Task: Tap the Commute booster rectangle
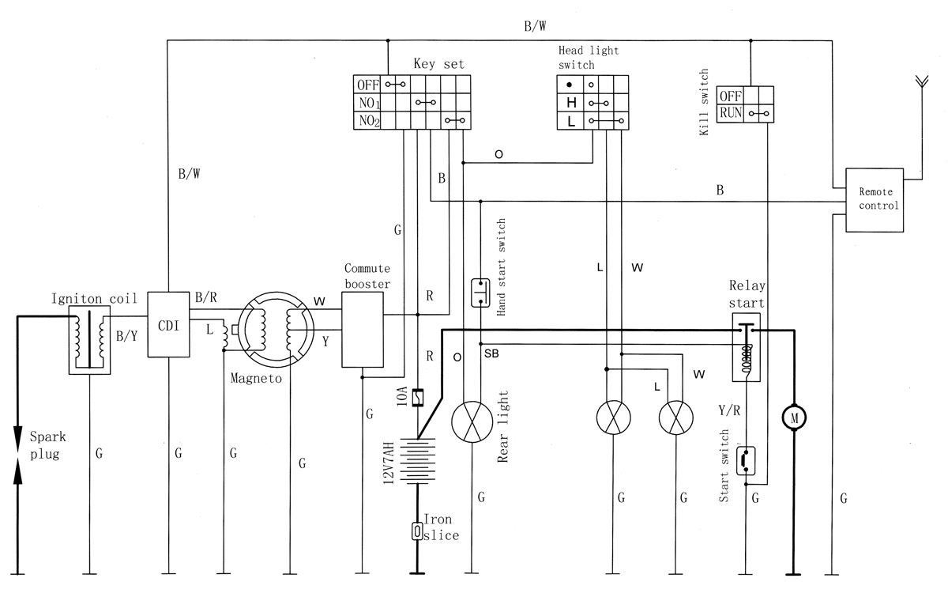click(362, 329)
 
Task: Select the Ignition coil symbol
click(90, 341)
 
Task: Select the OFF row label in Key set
click(367, 85)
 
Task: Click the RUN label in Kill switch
click(730, 113)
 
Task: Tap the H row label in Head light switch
click(570, 103)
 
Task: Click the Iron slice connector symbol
click(416, 531)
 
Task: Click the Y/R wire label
click(729, 410)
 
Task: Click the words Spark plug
click(45, 444)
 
